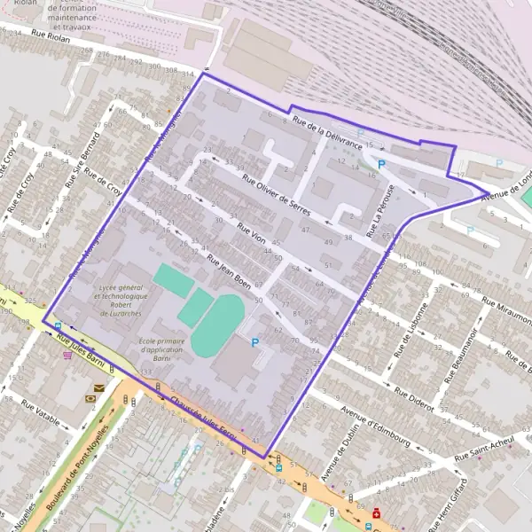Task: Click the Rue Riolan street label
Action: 51,35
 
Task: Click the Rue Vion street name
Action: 253,234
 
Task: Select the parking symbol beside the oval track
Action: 256,342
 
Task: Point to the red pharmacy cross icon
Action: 378,512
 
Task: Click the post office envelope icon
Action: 98,387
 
